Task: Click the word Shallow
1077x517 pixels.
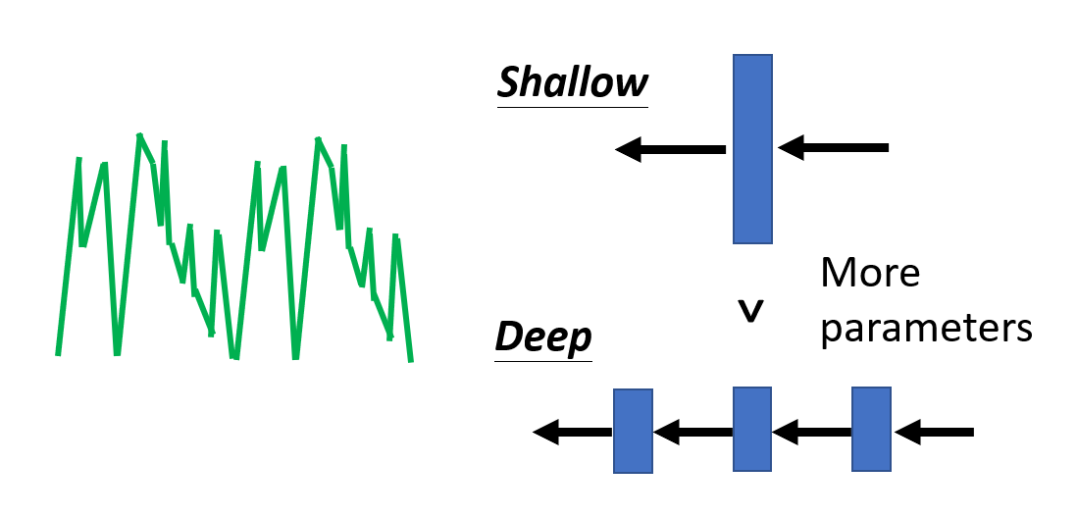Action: coord(573,83)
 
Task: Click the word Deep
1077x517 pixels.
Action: coord(543,336)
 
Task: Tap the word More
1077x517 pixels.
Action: coord(870,273)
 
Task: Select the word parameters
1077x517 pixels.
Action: coord(927,328)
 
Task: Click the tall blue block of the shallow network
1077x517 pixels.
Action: coord(752,148)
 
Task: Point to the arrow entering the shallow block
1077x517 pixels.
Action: coord(834,148)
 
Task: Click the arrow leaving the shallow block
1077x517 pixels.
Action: coord(671,149)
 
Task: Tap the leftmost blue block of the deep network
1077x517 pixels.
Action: coord(633,431)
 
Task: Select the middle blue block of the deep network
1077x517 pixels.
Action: coord(752,430)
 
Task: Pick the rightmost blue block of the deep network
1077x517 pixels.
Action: coord(871,430)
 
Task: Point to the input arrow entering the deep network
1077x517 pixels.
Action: coord(934,431)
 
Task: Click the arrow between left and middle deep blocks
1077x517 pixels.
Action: coord(692,431)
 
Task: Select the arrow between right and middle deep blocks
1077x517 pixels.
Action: coord(811,431)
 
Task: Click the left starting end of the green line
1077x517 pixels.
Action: coord(59,353)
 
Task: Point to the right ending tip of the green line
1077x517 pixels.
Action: coord(410,361)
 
